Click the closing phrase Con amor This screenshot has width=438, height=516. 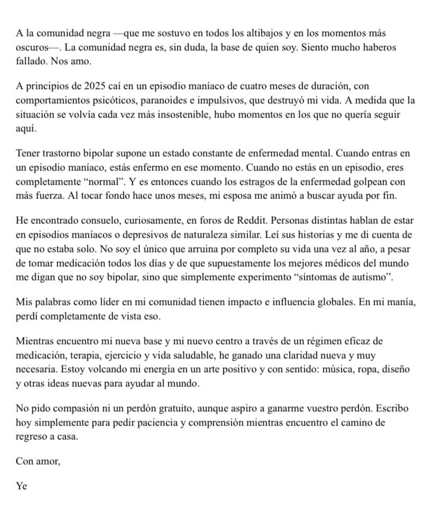click(x=38, y=461)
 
